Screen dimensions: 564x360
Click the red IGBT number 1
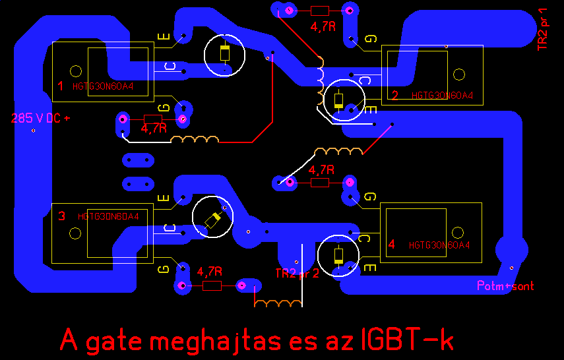[60, 86]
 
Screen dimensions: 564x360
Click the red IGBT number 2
[395, 95]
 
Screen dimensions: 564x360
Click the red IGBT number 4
[392, 245]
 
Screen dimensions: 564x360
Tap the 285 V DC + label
[40, 119]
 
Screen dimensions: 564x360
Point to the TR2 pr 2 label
[297, 274]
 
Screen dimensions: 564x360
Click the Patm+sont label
[505, 286]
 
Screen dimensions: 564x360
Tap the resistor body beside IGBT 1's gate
[153, 119]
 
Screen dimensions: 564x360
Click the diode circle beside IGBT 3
[212, 219]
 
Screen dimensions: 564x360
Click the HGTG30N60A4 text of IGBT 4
[439, 245]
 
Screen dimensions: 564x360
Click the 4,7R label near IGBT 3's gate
[210, 271]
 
